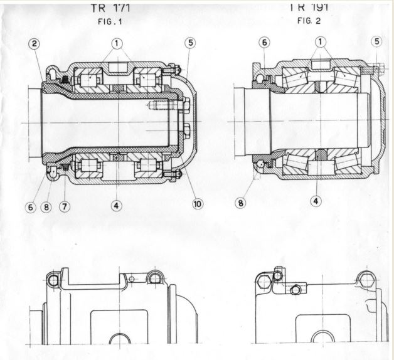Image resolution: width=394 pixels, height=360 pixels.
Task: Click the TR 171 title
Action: coord(113,9)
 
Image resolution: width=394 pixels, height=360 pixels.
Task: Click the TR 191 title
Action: coord(311,8)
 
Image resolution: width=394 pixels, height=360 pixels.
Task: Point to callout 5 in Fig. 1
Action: coord(190,43)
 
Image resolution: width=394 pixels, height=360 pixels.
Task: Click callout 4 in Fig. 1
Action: coord(116,203)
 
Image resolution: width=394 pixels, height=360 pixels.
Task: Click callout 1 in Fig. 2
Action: coord(321,42)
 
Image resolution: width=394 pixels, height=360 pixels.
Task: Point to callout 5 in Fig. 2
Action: coord(376,41)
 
